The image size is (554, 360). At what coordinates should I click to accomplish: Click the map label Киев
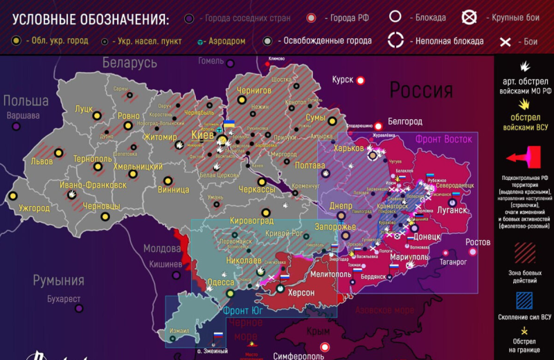click(x=202, y=134)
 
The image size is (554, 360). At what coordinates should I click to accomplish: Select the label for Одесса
click(x=220, y=282)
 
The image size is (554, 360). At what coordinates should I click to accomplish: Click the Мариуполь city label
click(x=409, y=258)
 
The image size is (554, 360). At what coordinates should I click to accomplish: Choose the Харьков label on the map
click(x=348, y=148)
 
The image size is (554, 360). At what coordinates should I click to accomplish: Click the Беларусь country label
click(x=129, y=63)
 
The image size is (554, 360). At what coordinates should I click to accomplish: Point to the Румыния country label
click(x=59, y=280)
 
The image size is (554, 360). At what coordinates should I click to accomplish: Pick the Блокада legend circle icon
click(x=396, y=17)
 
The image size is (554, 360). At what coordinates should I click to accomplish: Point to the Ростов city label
click(x=478, y=242)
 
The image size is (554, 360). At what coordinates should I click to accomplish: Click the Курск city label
click(x=343, y=80)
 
